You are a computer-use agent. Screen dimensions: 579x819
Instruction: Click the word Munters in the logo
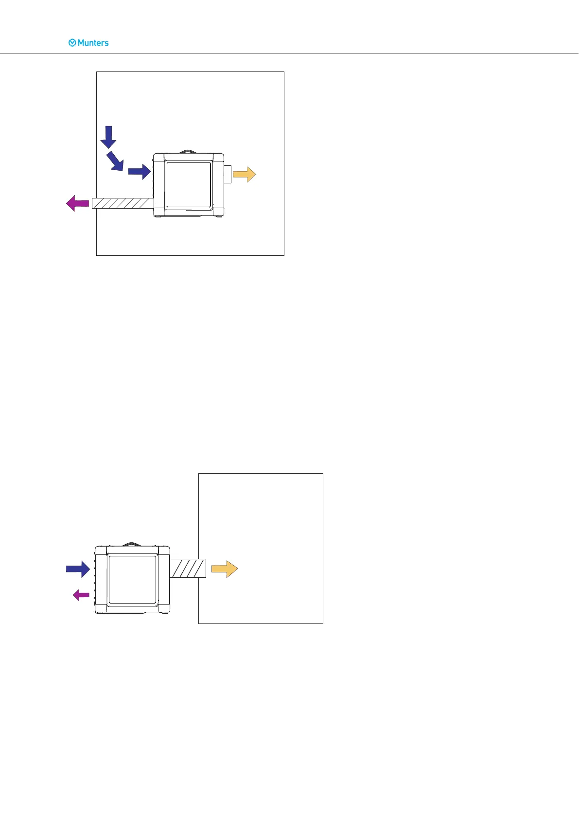93,43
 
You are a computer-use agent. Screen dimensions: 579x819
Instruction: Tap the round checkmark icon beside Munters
72,43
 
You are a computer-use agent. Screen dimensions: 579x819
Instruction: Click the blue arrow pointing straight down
108,137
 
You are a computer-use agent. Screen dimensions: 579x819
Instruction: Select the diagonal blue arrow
115,161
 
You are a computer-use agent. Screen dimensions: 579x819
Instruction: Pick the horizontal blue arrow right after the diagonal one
140,172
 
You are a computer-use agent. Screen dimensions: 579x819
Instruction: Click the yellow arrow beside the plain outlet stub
244,174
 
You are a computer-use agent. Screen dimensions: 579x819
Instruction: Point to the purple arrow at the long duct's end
77,203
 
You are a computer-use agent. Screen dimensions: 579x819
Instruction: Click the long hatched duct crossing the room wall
123,203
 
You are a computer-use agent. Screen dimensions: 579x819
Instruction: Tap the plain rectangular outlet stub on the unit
227,174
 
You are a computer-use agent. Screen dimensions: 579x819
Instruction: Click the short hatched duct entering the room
188,568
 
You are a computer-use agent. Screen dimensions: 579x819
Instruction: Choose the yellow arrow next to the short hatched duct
225,569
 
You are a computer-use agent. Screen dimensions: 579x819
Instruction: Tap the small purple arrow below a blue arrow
81,594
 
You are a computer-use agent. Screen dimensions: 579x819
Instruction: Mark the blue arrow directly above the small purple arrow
78,569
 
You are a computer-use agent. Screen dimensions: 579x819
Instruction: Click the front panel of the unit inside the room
189,185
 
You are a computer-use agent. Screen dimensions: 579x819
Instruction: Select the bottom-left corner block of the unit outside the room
101,607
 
